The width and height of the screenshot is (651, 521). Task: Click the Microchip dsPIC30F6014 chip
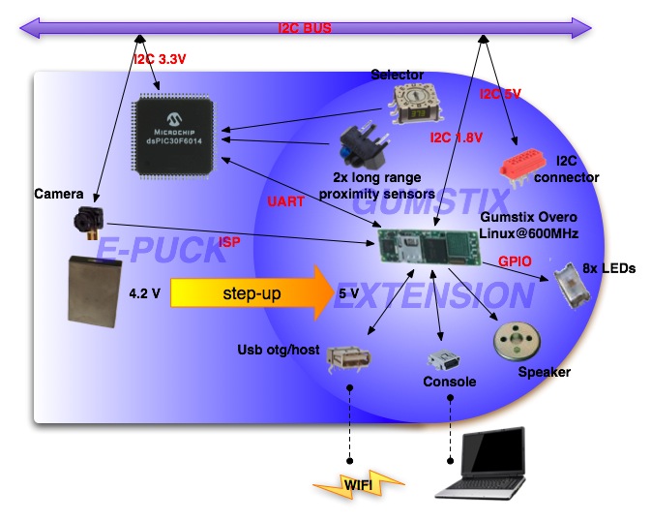tap(176, 136)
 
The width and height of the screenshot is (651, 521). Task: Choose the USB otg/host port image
tap(349, 359)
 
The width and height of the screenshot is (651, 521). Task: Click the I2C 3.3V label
tap(160, 59)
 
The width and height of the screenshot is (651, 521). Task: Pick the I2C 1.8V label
tap(458, 138)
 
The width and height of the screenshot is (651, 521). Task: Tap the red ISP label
tap(230, 241)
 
